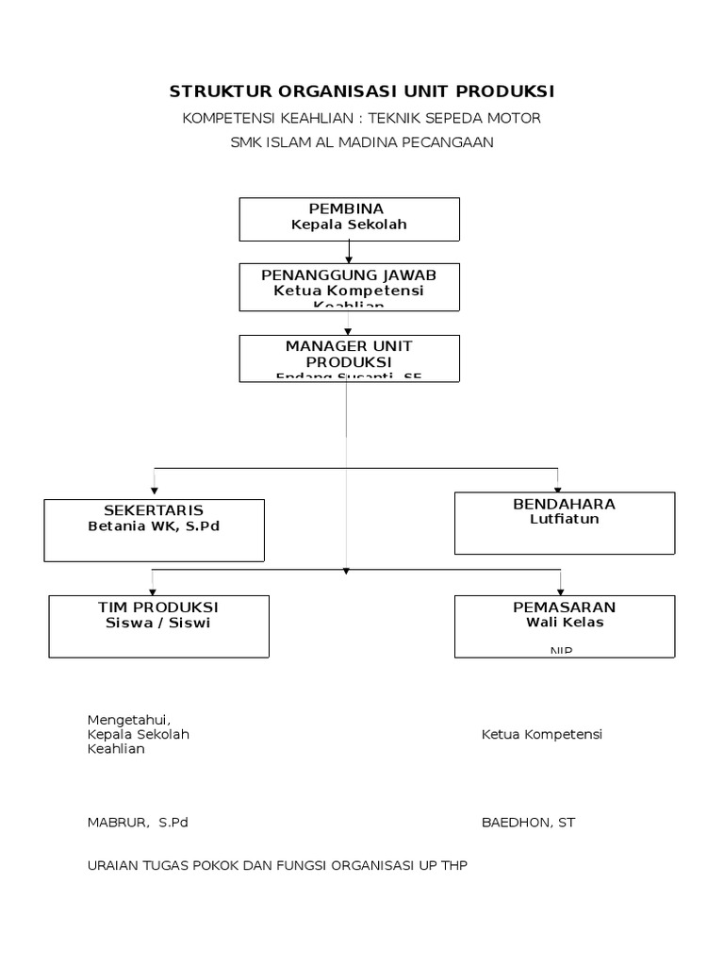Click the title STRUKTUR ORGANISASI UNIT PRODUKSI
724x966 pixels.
pyautogui.click(x=362, y=92)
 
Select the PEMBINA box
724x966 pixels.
pyautogui.click(x=349, y=219)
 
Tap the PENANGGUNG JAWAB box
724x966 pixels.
pyautogui.click(x=349, y=287)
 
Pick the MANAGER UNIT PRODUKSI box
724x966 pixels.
pyautogui.click(x=349, y=358)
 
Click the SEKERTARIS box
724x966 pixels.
pyautogui.click(x=155, y=530)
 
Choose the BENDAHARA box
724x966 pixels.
pyautogui.click(x=564, y=523)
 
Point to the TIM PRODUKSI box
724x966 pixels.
pyautogui.click(x=158, y=626)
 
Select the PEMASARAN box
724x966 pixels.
pyautogui.click(x=564, y=626)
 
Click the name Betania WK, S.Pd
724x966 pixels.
pyautogui.click(x=154, y=526)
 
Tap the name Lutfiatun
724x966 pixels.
pyautogui.click(x=564, y=519)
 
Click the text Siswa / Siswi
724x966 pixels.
pyautogui.click(x=158, y=623)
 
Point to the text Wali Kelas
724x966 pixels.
pyautogui.click(x=564, y=623)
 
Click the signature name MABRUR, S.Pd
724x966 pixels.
pyautogui.click(x=138, y=823)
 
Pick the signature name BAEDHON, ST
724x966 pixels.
pyautogui.click(x=528, y=823)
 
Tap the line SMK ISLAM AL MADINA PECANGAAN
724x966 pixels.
pyautogui.click(x=362, y=142)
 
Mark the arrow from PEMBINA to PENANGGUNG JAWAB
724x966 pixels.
pyautogui.click(x=349, y=252)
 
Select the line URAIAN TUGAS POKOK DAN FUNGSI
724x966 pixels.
pyautogui.click(x=277, y=864)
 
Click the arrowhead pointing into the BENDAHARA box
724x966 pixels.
pyautogui.click(x=558, y=487)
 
